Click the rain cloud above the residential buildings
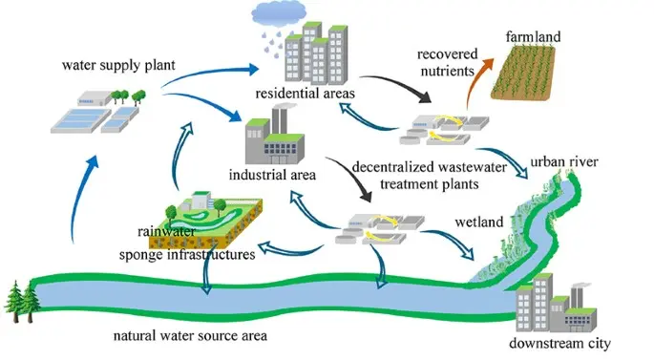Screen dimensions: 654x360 click(x=279, y=13)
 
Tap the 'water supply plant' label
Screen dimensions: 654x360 click(x=118, y=66)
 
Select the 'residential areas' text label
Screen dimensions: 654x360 click(x=305, y=93)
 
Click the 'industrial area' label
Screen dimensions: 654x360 click(x=272, y=175)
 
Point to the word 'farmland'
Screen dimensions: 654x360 click(x=533, y=36)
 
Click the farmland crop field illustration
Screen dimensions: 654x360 click(x=523, y=73)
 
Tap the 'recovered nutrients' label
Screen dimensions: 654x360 click(x=448, y=63)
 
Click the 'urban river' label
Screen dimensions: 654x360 click(x=564, y=161)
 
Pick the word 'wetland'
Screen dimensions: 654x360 click(x=479, y=222)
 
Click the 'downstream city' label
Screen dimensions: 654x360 click(x=559, y=344)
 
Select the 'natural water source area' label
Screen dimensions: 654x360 click(x=190, y=335)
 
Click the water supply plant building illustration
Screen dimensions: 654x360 click(x=98, y=112)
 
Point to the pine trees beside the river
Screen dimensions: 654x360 click(x=23, y=301)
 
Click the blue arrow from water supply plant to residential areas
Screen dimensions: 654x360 click(x=208, y=74)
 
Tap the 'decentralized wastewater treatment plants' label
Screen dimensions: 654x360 click(x=430, y=175)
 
